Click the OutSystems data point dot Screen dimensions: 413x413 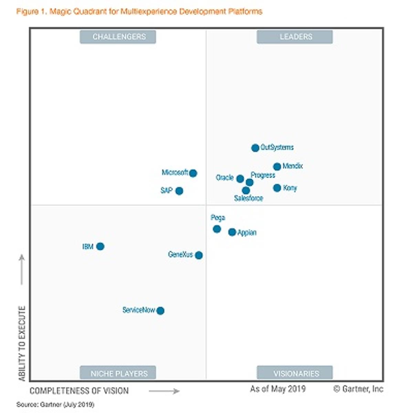[x=255, y=148]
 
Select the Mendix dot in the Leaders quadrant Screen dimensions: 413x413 [x=277, y=167]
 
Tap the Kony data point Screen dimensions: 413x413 [x=277, y=188]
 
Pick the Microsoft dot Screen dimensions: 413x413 [x=193, y=173]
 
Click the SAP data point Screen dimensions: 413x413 [x=179, y=191]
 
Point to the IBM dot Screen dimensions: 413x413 [x=100, y=246]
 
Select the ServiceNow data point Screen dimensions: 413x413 [x=160, y=311]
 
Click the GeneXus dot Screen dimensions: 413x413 [x=199, y=255]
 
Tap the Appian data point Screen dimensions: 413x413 [x=232, y=232]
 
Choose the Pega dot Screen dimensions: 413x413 [x=217, y=229]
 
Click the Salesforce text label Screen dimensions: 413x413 [x=248, y=198]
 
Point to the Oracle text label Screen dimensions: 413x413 [x=225, y=178]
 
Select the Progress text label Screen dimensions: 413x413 [x=263, y=175]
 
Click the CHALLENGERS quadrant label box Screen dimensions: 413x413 [x=118, y=37]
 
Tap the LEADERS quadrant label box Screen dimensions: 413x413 [x=295, y=37]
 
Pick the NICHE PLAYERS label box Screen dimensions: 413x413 [x=118, y=373]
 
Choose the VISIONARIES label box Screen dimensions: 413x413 [x=295, y=373]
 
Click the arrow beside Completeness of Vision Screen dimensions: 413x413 [x=164, y=391]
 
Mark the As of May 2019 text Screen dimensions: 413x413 [x=278, y=389]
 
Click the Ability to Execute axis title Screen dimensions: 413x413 [x=22, y=343]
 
